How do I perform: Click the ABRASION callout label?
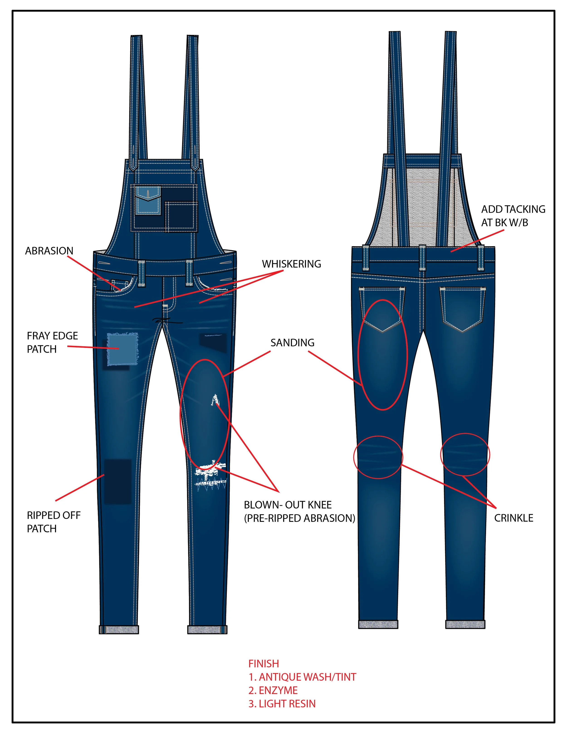49,251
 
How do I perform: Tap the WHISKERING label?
291,264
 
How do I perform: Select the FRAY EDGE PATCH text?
52,342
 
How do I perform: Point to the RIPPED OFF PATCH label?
53,522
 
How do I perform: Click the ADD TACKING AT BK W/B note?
513,216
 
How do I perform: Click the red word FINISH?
263,664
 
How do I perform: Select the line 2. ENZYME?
273,690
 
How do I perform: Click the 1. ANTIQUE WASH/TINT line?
302,677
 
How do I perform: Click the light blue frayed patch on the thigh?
122,349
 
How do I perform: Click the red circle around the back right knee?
465,454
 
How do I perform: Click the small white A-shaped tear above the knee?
214,400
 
